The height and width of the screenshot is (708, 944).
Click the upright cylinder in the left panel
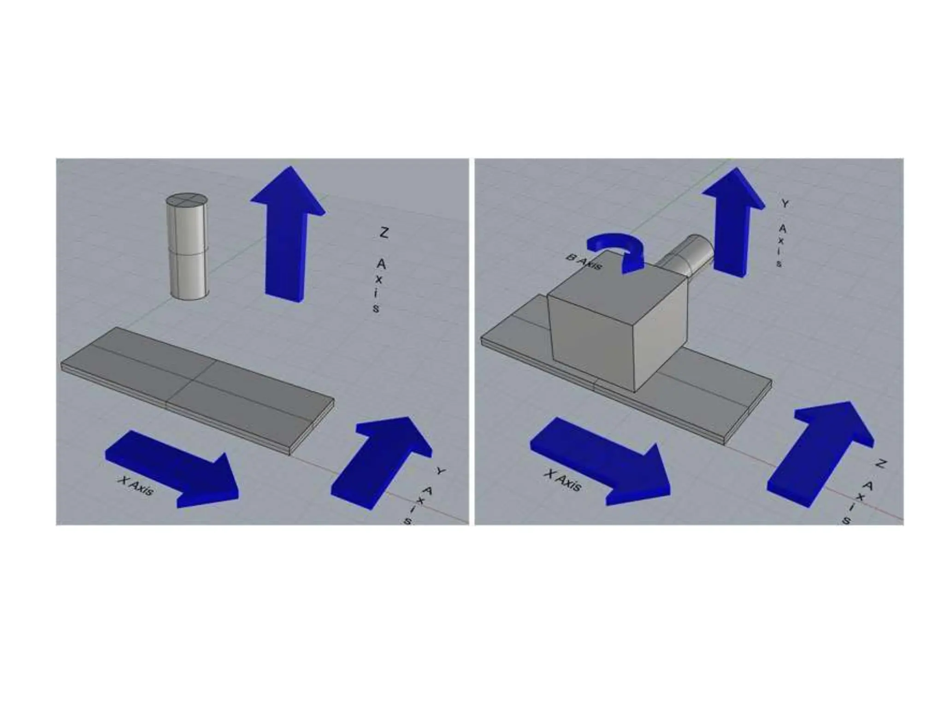pyautogui.click(x=187, y=247)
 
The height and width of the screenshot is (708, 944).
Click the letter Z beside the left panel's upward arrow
pyautogui.click(x=383, y=232)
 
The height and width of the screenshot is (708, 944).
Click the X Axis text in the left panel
pyautogui.click(x=136, y=486)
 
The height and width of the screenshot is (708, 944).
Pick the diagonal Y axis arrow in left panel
pyautogui.click(x=381, y=462)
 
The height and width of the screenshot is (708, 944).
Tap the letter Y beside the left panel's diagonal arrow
pyautogui.click(x=441, y=471)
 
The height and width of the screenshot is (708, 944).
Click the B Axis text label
pyautogui.click(x=584, y=263)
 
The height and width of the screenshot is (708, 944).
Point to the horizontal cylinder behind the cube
pyautogui.click(x=686, y=259)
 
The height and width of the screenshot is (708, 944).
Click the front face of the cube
pyautogui.click(x=592, y=343)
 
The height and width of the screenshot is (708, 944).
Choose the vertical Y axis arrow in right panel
pyautogui.click(x=733, y=222)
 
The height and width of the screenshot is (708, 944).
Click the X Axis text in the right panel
pyautogui.click(x=562, y=480)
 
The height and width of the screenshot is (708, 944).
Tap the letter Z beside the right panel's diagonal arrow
pyautogui.click(x=880, y=464)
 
